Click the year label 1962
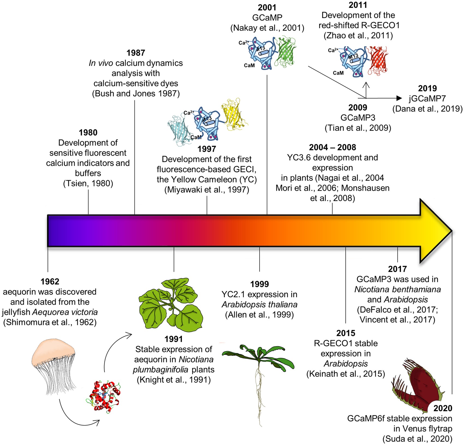tap(50, 281)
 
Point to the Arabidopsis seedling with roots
tap(258, 376)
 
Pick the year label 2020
tap(443, 408)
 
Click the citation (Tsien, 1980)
tap(88, 183)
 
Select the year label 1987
tap(136, 53)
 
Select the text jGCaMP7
tap(427, 98)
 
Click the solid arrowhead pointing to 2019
tap(399, 98)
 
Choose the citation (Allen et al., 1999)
tap(259, 315)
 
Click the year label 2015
tap(346, 333)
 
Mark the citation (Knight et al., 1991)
tap(174, 380)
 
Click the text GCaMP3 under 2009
tap(358, 118)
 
